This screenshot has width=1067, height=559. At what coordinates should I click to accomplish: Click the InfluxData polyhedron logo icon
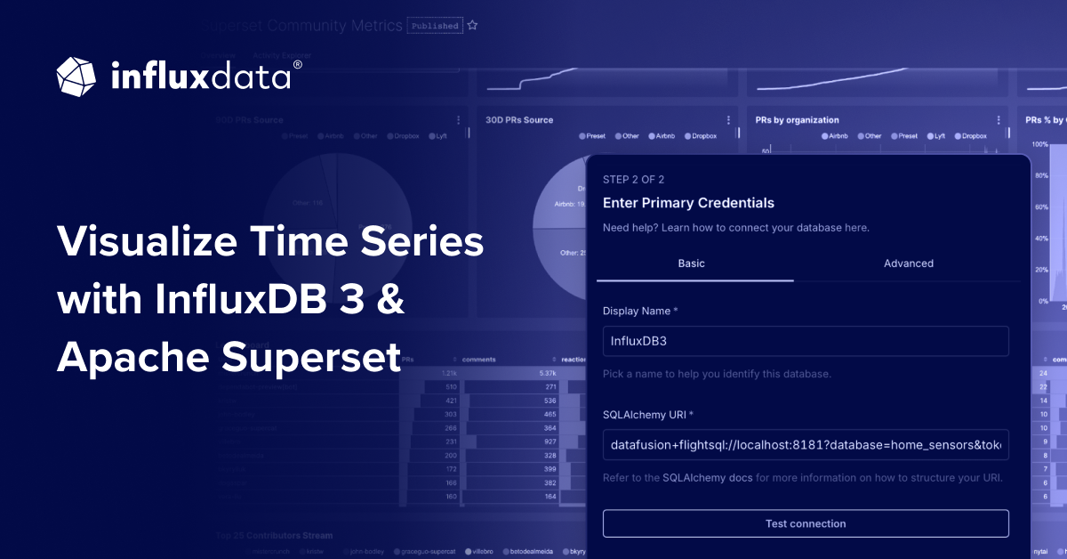click(x=76, y=77)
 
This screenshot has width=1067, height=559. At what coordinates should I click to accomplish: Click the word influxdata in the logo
click(x=202, y=77)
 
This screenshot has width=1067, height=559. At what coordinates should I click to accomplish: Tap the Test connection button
click(x=806, y=523)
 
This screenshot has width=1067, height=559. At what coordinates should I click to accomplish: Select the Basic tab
click(x=693, y=263)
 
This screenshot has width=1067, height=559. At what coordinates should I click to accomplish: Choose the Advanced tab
click(x=908, y=263)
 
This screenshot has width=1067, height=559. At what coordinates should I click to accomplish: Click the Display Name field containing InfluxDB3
click(x=806, y=341)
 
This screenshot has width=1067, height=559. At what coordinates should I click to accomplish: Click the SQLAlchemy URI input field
click(x=806, y=444)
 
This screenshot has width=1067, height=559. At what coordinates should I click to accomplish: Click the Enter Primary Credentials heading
click(x=688, y=203)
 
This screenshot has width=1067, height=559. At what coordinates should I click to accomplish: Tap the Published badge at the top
click(x=435, y=26)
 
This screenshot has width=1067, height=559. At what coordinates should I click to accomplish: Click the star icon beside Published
click(x=473, y=26)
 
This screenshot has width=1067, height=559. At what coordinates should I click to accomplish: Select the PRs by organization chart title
click(x=797, y=119)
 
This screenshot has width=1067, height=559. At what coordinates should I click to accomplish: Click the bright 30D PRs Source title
click(x=519, y=119)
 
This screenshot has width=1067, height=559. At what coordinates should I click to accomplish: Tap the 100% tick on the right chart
click(x=1039, y=144)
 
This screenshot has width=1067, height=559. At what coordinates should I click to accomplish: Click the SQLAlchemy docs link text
click(x=709, y=478)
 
